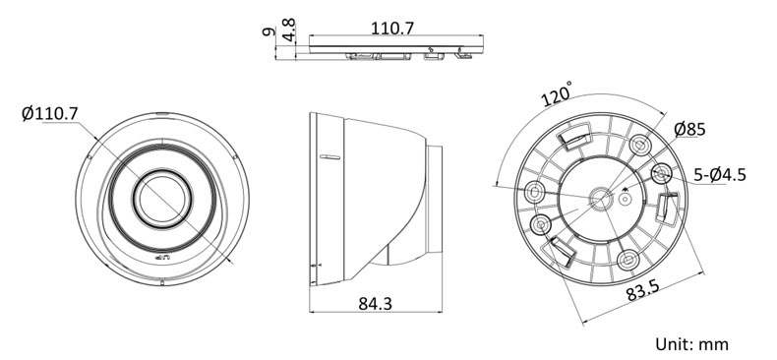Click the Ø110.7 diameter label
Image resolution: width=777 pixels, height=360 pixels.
click(49, 113)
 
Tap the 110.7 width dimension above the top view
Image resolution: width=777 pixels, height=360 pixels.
click(392, 29)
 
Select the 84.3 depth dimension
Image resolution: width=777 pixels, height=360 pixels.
click(375, 304)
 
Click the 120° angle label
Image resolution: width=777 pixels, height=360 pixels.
click(557, 94)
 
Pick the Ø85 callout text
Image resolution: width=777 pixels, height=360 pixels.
click(689, 130)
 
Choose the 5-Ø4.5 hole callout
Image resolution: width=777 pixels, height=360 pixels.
click(720, 174)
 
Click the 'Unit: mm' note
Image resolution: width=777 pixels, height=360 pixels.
click(691, 343)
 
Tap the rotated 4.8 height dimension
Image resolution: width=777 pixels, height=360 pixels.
click(289, 30)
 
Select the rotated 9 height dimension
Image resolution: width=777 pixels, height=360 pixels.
click(269, 31)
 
